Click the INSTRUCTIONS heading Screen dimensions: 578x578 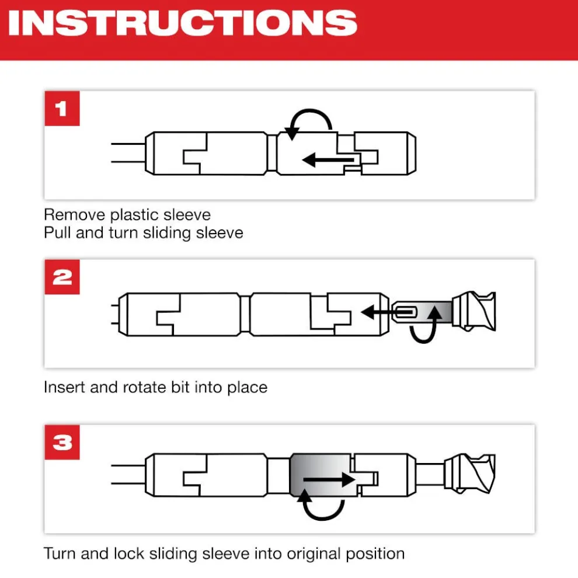(183, 23)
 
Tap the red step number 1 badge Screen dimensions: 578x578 (62, 109)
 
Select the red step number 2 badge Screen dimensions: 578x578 (62, 277)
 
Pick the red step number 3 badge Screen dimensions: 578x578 (62, 442)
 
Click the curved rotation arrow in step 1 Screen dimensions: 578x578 (309, 110)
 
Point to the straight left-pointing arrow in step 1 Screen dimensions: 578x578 (328, 160)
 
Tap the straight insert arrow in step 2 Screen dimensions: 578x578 (387, 312)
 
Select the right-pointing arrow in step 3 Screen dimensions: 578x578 (329, 479)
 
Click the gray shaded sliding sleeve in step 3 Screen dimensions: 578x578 (322, 475)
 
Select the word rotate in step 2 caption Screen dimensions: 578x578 (144, 388)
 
